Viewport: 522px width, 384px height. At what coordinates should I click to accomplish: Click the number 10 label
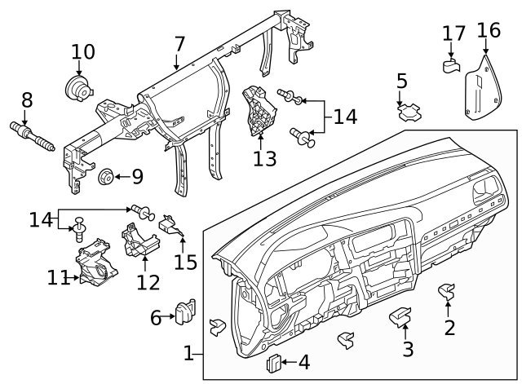[x=82, y=52]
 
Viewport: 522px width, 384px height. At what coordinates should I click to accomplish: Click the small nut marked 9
[x=104, y=176]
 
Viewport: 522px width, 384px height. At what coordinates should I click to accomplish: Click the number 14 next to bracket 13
[x=345, y=117]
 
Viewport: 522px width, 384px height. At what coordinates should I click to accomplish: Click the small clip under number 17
[x=451, y=64]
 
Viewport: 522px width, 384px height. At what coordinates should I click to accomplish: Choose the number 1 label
[x=188, y=354]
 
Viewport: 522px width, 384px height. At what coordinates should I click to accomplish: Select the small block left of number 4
[x=275, y=362]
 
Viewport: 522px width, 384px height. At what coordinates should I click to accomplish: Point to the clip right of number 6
[x=184, y=312]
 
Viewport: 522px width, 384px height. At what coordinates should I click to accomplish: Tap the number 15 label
[x=186, y=263]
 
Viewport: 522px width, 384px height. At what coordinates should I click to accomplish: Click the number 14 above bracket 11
[x=40, y=219]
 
